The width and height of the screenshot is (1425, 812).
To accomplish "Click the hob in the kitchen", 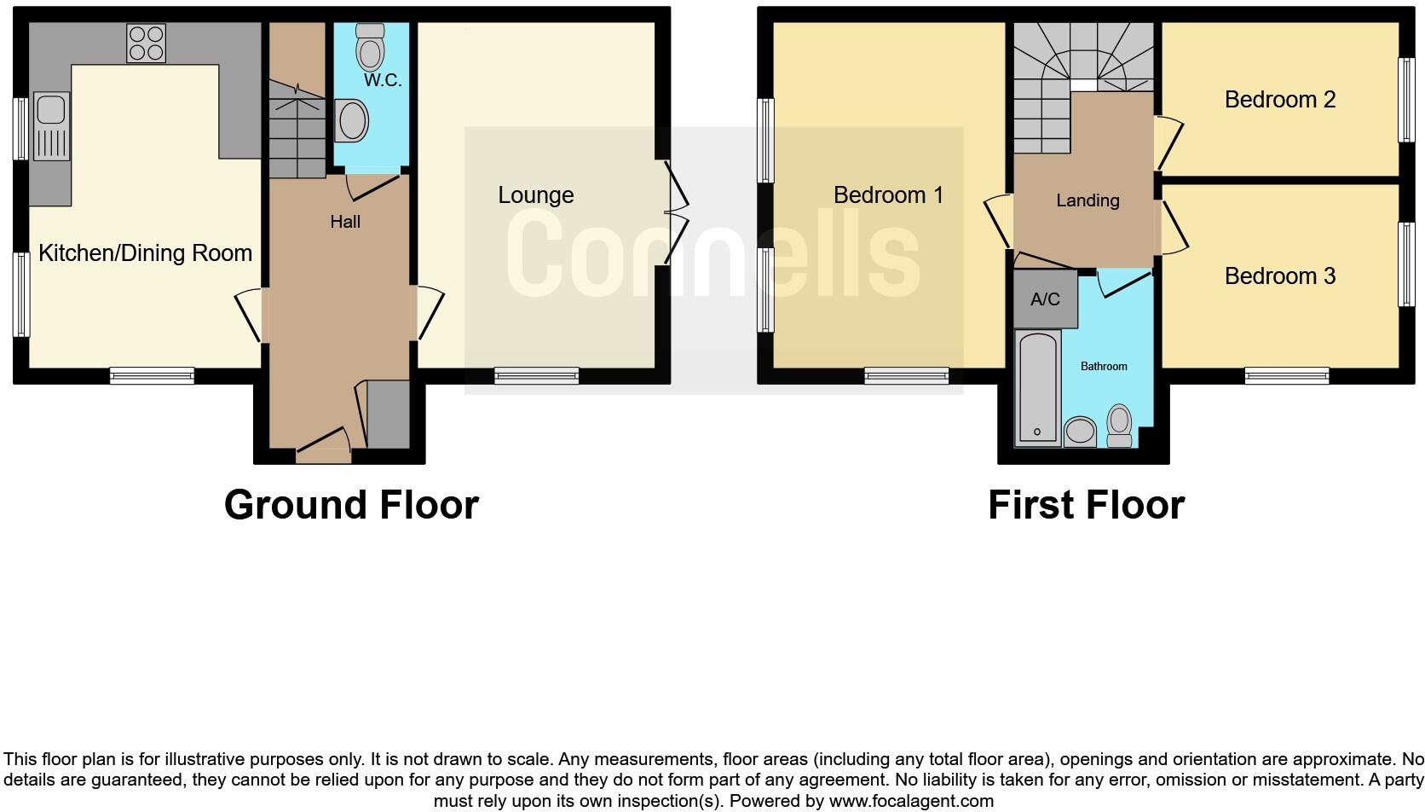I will pos(146,43).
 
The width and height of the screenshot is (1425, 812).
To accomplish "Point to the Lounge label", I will pos(535,195).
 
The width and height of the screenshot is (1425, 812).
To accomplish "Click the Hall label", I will pos(345,222).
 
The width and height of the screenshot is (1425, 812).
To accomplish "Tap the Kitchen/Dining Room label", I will pos(145,253).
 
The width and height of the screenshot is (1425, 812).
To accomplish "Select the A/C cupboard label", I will pos(1045,299).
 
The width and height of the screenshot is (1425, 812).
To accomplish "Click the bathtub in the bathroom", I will pos(1037,388).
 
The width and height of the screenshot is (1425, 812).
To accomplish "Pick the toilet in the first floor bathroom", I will pos(1119,425).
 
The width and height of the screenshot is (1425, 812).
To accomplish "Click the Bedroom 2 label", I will pos(1279,100).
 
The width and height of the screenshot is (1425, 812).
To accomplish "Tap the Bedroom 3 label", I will pos(1279,276).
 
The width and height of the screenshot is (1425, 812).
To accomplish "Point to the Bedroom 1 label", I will pos(888,195).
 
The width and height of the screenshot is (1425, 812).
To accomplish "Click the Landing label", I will pos(1087,200).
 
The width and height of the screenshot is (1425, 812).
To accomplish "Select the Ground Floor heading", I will pos(351,505).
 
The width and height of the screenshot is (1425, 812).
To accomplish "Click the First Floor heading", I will pos(1086,505).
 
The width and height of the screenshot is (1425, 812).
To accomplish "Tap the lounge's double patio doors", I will pos(675,213).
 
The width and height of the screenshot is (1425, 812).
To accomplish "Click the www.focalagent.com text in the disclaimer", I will pos(911,801).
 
